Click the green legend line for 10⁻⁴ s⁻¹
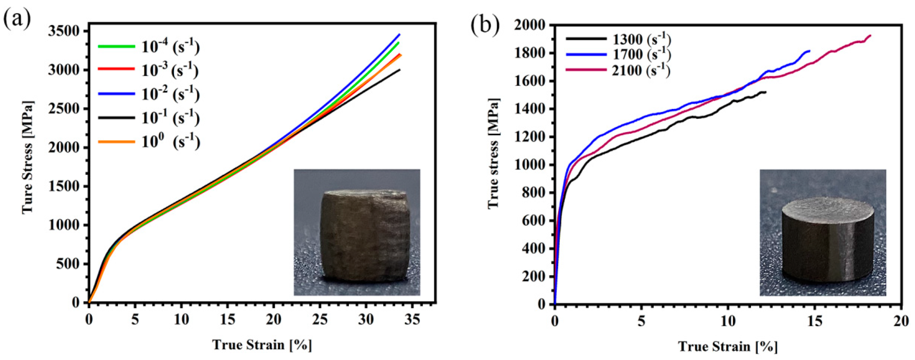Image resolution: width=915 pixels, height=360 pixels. click(116, 46)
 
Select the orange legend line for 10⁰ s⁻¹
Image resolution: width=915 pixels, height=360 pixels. click(116, 141)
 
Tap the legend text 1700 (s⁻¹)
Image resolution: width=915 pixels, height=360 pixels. click(641, 54)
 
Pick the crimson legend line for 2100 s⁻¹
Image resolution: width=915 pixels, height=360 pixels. click(586, 70)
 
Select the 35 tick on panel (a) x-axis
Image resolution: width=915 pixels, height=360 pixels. click(412, 319)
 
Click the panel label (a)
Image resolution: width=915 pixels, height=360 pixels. click(17, 19)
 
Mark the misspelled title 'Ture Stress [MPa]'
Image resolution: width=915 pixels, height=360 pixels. click(28, 156)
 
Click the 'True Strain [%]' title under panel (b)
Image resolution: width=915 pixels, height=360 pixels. click(728, 346)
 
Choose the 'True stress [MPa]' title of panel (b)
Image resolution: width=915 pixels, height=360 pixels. click(493, 153)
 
